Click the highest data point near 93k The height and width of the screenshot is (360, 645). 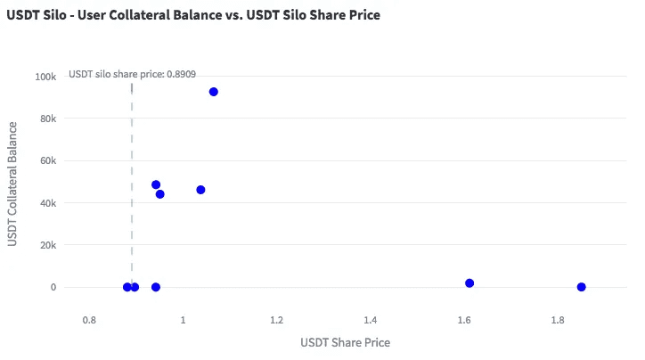214,92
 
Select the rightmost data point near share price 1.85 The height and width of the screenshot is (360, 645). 582,287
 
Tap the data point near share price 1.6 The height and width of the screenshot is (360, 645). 469,283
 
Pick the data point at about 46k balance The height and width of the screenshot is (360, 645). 200,190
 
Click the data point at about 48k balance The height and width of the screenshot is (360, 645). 156,185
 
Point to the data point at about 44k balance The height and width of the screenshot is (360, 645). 160,194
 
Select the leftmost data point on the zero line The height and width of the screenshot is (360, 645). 127,287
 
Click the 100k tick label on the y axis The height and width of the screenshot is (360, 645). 45,77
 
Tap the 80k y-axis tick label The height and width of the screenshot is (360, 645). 48,119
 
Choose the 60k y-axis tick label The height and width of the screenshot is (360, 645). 48,161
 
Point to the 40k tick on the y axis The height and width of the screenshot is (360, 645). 48,203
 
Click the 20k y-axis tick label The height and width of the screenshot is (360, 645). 48,245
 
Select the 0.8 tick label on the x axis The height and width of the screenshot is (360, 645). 89,319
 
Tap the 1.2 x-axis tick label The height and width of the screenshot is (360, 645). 276,319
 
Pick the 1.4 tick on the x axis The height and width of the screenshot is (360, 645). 371,319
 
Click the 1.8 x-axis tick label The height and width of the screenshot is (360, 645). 558,319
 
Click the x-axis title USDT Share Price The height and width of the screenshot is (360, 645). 345,342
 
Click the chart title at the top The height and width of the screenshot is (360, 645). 193,16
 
